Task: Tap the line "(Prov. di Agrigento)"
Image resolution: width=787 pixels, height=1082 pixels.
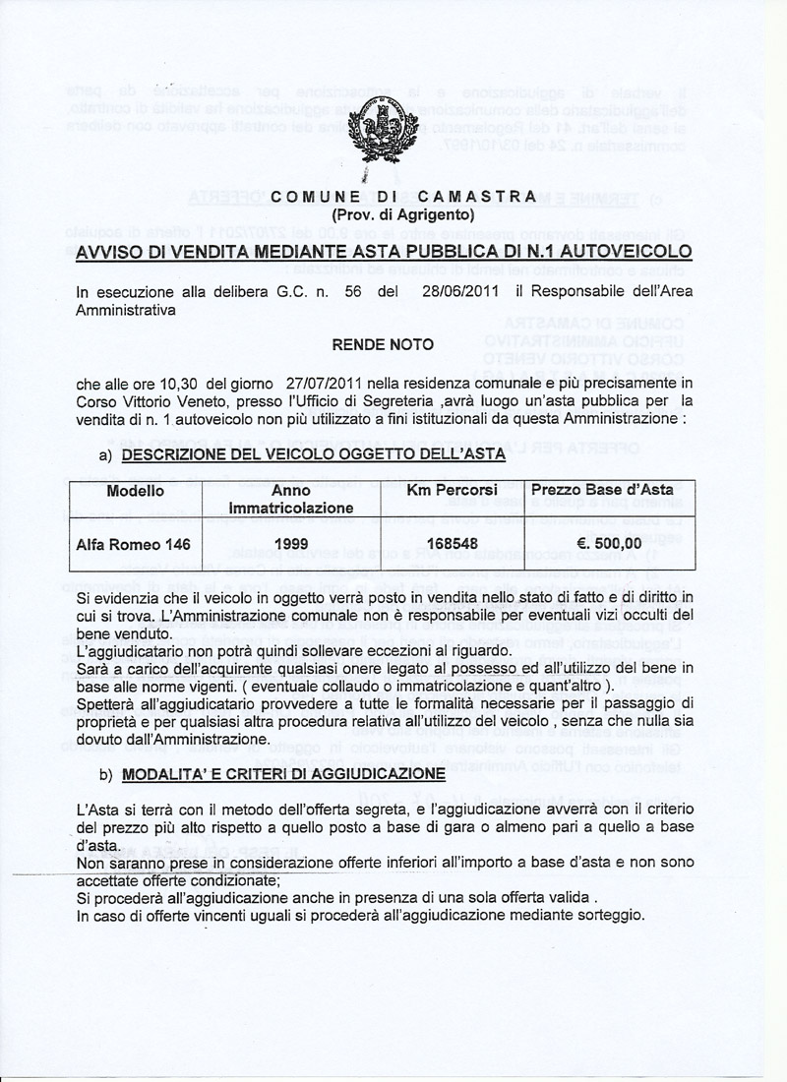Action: coord(403,214)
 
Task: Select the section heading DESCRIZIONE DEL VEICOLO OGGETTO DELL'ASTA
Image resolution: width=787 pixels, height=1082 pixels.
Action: coord(314,455)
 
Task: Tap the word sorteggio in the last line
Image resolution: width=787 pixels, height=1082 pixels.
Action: coord(611,916)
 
